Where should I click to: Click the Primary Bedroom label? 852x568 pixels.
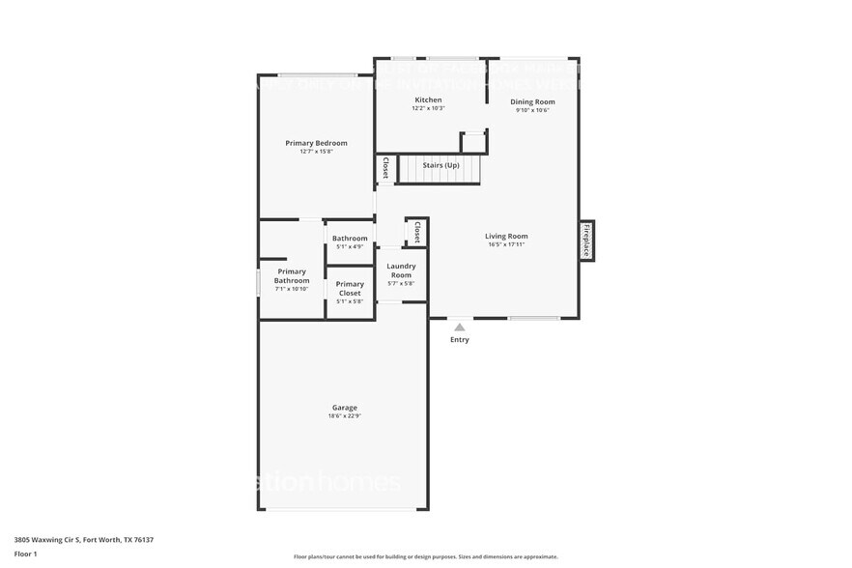(316, 143)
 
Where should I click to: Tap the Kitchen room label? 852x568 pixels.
(428, 100)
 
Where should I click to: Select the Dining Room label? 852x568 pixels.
(533, 101)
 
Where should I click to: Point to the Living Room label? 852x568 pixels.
(506, 236)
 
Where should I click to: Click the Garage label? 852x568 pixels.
(345, 408)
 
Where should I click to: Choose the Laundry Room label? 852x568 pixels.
(401, 270)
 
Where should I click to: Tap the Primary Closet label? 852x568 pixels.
(350, 289)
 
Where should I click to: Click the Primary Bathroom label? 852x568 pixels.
(291, 276)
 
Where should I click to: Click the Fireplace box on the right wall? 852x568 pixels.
(586, 239)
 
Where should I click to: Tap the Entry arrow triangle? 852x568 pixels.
(460, 327)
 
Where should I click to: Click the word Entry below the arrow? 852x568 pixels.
(460, 340)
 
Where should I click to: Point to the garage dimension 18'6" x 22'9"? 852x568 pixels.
(345, 416)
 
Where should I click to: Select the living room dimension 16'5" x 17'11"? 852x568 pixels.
(506, 244)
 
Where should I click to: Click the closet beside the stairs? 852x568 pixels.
(384, 168)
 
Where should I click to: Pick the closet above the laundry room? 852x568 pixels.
(416, 232)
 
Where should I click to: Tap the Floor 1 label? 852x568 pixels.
(25, 554)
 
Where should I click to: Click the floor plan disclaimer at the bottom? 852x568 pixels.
(425, 556)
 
